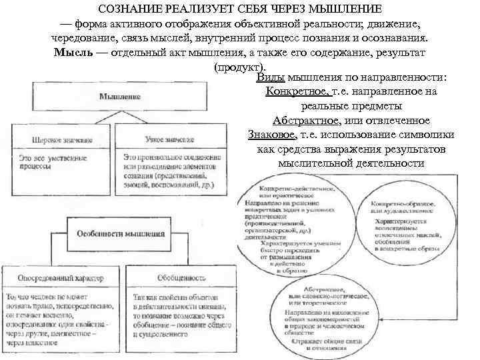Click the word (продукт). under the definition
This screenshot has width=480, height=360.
click(239, 67)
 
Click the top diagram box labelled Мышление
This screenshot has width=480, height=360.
click(120, 97)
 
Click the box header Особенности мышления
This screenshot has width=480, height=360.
click(121, 234)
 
